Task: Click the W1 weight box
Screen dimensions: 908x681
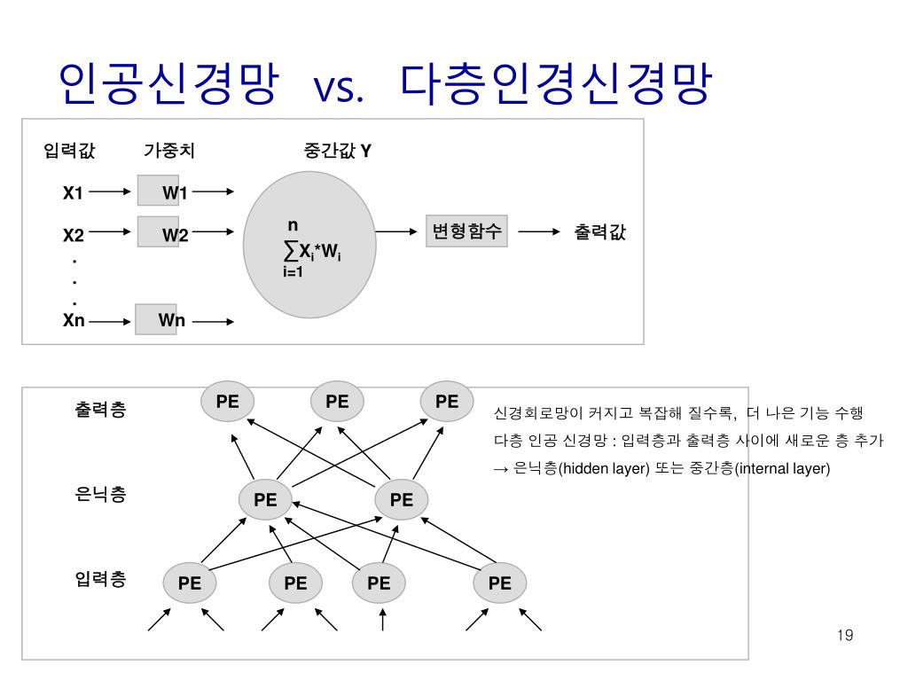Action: pyautogui.click(x=158, y=191)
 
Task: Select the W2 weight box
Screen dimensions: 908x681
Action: pyautogui.click(x=158, y=232)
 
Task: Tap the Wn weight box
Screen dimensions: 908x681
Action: pyautogui.click(x=156, y=319)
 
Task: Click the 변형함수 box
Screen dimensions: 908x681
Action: pyautogui.click(x=466, y=232)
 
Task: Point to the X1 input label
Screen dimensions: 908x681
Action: pyautogui.click(x=73, y=192)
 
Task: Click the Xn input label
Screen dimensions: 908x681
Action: pyautogui.click(x=74, y=321)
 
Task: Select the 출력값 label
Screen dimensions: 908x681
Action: pyautogui.click(x=599, y=232)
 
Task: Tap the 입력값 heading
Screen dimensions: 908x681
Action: pyautogui.click(x=69, y=151)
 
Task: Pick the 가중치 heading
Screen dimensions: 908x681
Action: pyautogui.click(x=169, y=151)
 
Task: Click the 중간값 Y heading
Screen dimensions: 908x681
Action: pyautogui.click(x=337, y=151)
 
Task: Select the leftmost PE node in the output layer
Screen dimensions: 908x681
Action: pyautogui.click(x=228, y=401)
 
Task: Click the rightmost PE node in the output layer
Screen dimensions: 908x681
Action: pyautogui.click(x=447, y=401)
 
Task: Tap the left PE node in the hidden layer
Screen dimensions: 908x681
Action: pyautogui.click(x=265, y=500)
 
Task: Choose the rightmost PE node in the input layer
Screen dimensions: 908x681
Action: pyautogui.click(x=500, y=583)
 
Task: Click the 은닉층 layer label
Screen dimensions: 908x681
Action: pyautogui.click(x=100, y=495)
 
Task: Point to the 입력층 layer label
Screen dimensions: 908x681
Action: pyautogui.click(x=100, y=580)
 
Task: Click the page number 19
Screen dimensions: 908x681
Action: pyautogui.click(x=844, y=635)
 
